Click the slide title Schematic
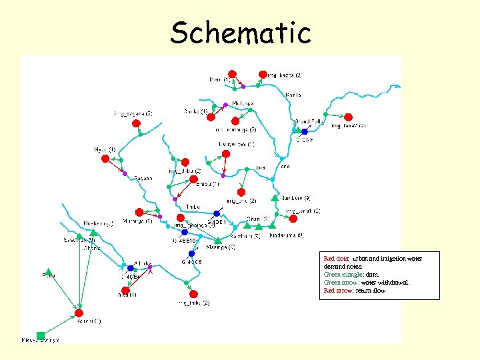coord(240,32)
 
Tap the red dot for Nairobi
coord(79,313)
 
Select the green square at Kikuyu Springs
coord(41,335)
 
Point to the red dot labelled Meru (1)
coord(231,74)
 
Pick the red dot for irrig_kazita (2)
coord(263,74)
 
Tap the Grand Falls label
coord(309,121)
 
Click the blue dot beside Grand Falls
coord(305,131)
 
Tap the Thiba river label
coord(193,207)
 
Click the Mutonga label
coord(243,103)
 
